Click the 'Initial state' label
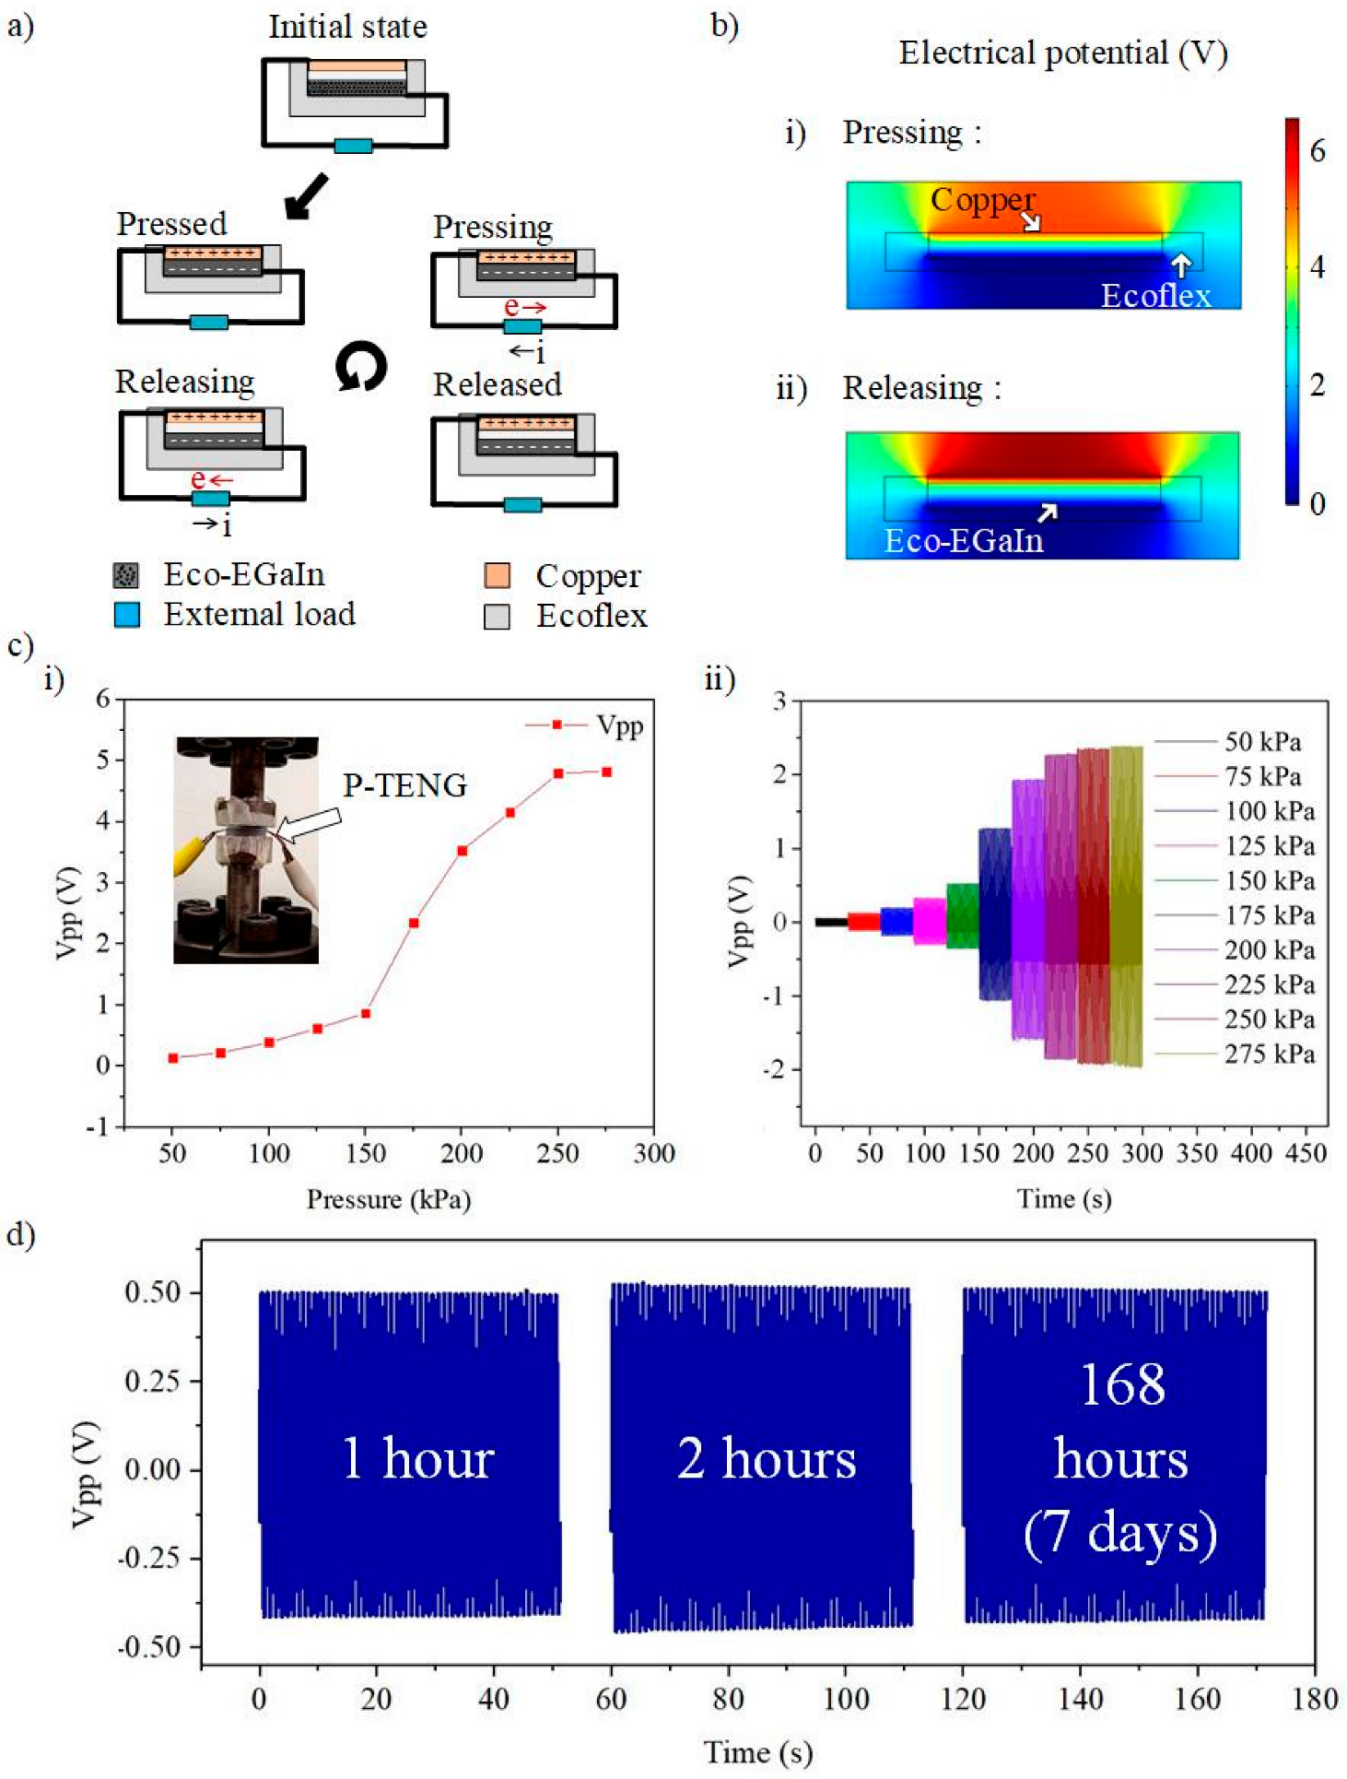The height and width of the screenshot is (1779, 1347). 347,27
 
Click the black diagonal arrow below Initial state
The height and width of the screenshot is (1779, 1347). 307,194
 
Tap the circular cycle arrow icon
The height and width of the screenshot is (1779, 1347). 360,366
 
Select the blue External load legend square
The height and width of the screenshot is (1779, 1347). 127,614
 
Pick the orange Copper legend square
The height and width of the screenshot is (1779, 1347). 497,575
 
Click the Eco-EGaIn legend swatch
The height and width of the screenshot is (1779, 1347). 126,575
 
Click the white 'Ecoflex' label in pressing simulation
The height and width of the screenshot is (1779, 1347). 1155,296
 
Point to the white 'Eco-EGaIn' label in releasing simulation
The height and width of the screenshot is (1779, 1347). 964,541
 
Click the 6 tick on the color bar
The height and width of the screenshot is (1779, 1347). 1318,150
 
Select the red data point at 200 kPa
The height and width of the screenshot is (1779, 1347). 463,850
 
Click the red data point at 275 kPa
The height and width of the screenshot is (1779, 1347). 606,772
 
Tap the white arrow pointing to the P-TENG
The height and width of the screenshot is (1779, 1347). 310,824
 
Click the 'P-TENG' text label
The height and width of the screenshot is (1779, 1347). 404,785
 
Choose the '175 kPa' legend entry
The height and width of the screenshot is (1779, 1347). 1269,915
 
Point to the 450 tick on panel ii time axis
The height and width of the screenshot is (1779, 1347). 1306,1153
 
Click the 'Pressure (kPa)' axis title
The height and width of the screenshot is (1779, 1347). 388,1199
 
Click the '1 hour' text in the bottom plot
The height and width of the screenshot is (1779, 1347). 417,1458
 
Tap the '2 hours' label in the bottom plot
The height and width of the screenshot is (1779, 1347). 767,1458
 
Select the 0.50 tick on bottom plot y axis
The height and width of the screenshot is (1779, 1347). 152,1291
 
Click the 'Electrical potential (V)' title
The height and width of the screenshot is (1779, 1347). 1062,53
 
